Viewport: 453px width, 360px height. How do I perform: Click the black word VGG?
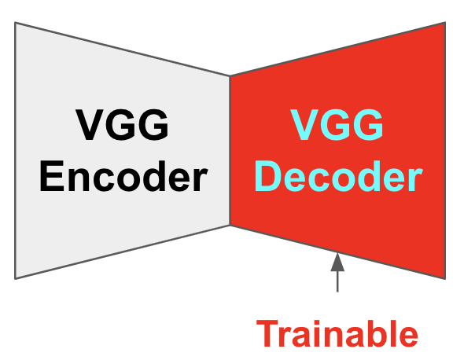[x=122, y=125]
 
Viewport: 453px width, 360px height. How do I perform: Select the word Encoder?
[x=123, y=176]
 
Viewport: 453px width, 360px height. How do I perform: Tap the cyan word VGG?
[x=337, y=125]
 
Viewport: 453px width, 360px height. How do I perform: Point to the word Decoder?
[x=339, y=176]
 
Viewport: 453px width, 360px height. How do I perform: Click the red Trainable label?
[x=337, y=333]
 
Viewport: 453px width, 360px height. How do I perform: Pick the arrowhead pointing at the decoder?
[x=337, y=262]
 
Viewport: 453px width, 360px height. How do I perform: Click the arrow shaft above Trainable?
[x=337, y=281]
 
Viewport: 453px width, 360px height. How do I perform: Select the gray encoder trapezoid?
[x=122, y=150]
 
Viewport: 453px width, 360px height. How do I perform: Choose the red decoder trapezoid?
[x=337, y=150]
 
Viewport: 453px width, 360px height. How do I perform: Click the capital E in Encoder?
[x=52, y=176]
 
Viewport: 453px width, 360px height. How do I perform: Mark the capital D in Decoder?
[x=268, y=176]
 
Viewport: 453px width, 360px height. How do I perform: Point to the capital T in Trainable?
[x=269, y=333]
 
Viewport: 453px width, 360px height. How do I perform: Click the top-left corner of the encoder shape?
[x=15, y=22]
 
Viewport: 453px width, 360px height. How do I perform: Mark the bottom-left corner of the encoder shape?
[x=15, y=279]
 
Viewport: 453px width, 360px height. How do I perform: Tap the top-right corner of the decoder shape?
[x=445, y=22]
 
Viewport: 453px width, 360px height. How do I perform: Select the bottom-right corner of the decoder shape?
[x=445, y=279]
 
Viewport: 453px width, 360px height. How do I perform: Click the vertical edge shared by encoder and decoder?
[x=230, y=150]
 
